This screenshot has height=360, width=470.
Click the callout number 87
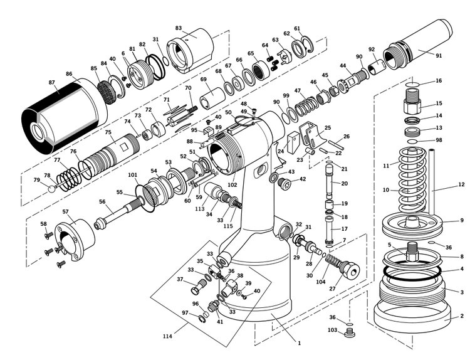[x=51, y=82]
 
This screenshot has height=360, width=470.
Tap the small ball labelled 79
[x=52, y=189]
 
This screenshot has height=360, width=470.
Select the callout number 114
[x=167, y=336]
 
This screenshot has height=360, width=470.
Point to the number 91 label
[x=439, y=55]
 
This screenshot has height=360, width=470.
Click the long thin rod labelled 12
[x=431, y=181]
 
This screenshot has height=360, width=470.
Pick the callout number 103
[x=332, y=330]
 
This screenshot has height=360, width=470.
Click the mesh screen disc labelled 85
[x=107, y=92]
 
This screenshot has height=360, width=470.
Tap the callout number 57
[x=66, y=211]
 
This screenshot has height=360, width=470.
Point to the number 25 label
[x=328, y=128]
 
